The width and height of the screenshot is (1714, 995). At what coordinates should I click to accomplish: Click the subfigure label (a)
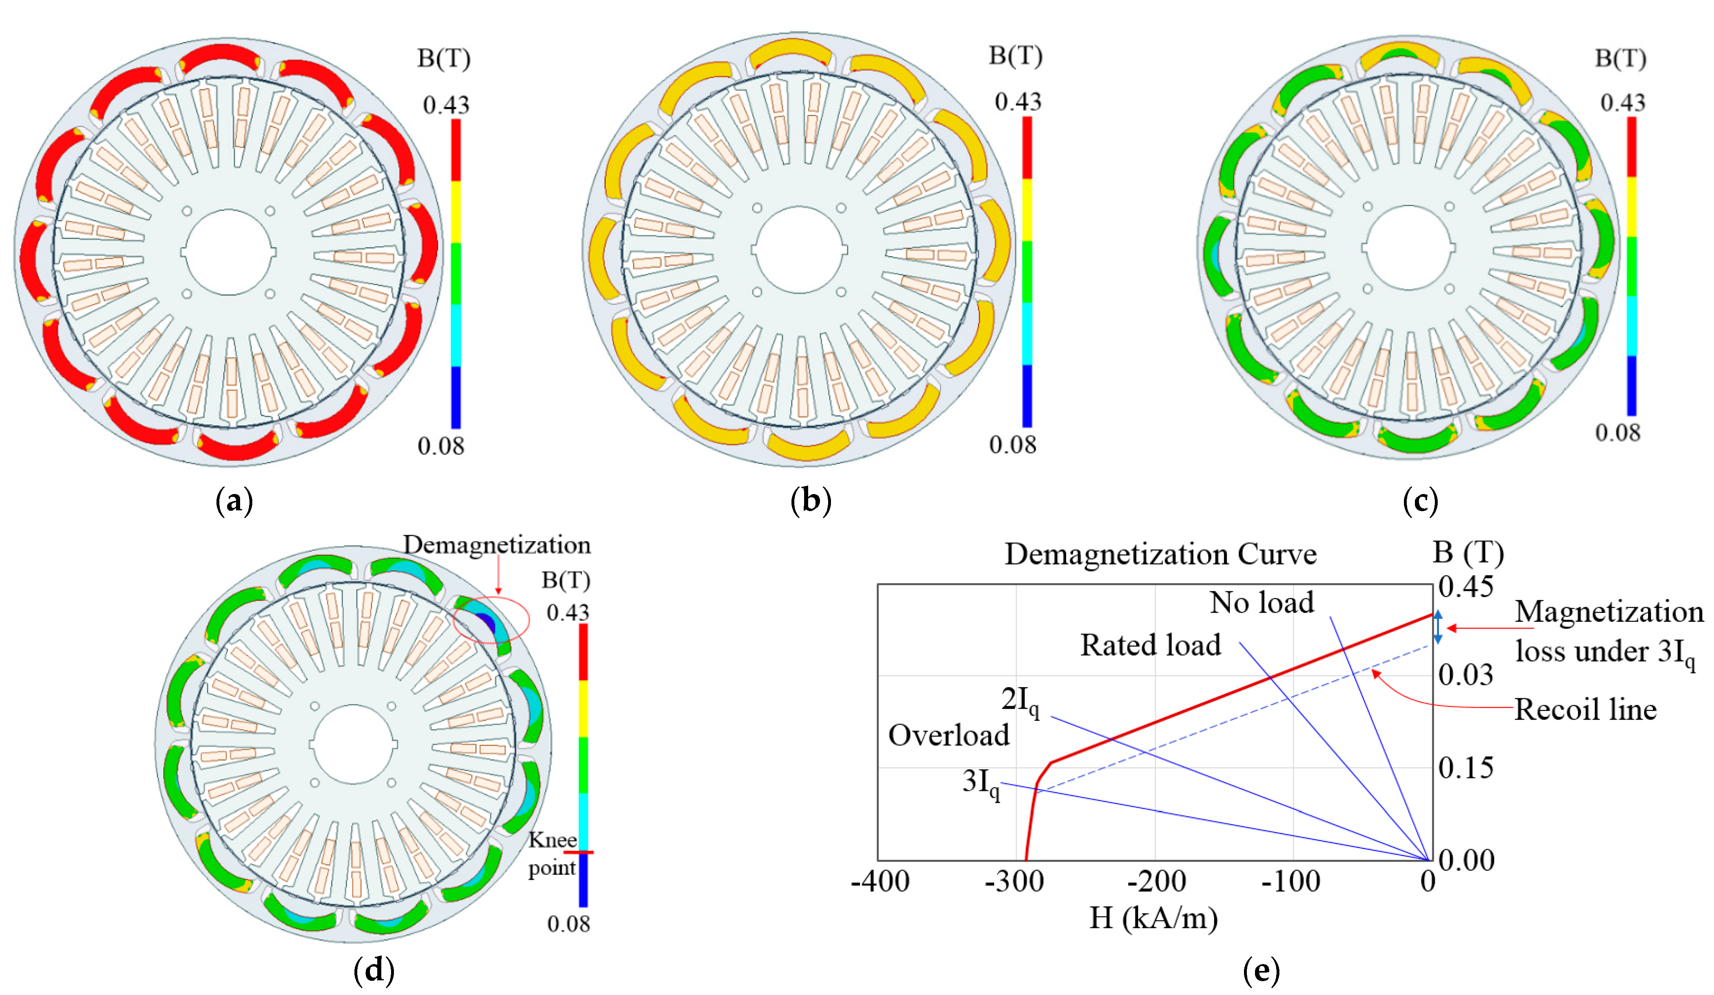(234, 502)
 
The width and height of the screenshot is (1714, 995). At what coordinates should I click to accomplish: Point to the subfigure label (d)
(374, 969)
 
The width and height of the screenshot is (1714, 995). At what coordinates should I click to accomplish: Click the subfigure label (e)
(1261, 969)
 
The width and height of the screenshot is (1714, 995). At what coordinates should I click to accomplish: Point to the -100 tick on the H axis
(1291, 882)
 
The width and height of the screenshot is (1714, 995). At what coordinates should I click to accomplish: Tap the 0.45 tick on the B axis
(1466, 586)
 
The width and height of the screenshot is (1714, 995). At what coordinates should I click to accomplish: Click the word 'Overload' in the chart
(949, 736)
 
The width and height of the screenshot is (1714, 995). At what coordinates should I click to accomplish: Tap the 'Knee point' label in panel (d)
(552, 854)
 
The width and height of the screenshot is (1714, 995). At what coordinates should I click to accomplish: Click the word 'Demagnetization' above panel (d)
(496, 545)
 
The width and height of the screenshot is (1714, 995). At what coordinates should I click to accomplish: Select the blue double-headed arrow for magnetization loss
(1438, 627)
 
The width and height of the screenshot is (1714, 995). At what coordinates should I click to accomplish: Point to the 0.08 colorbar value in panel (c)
(1618, 433)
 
